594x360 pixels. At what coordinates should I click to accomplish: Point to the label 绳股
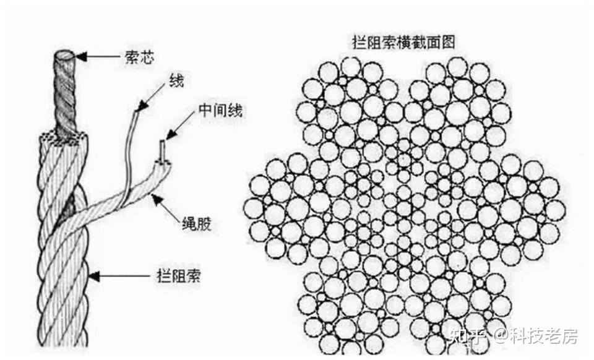[x=195, y=221]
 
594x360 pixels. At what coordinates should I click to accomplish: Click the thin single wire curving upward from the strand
[x=132, y=155]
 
